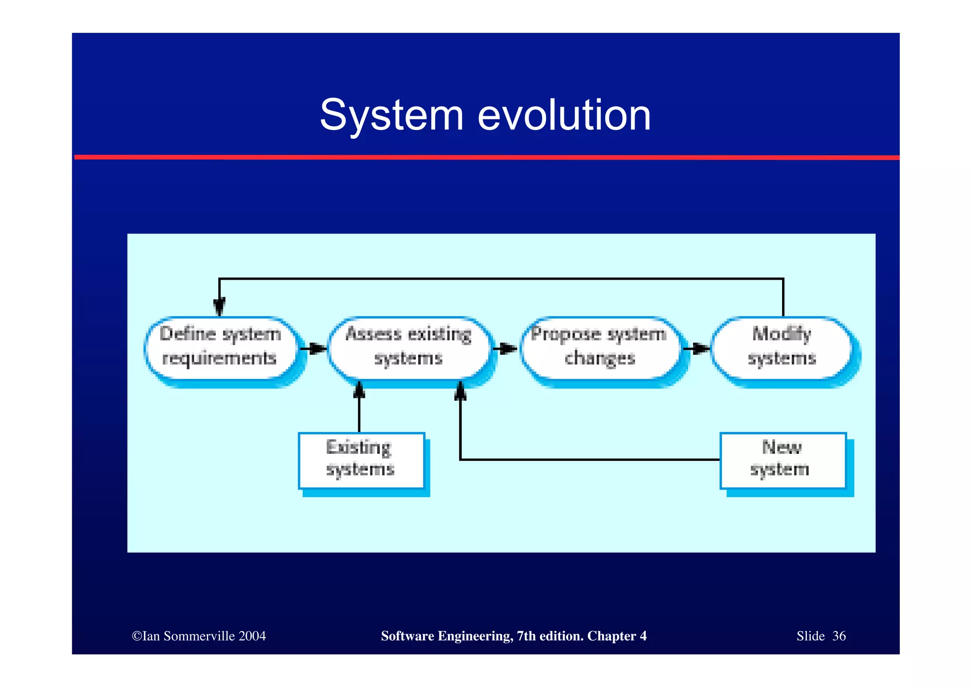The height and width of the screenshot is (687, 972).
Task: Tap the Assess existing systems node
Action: click(408, 347)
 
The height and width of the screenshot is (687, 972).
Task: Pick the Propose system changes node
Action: click(599, 347)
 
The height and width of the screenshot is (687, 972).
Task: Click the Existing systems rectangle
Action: click(361, 460)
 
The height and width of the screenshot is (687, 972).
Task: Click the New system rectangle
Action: click(782, 460)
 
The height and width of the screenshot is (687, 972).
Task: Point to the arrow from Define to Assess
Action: click(313, 349)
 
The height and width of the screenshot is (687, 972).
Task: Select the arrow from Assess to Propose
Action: click(505, 349)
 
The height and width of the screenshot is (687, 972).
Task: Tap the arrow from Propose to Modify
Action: click(696, 349)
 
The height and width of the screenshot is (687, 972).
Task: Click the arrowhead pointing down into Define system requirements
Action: click(219, 306)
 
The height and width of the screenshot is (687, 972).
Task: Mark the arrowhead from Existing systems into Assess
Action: click(359, 390)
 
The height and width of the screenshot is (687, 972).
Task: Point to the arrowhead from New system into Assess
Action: click(460, 392)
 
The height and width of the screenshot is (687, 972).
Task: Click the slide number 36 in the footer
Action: click(839, 636)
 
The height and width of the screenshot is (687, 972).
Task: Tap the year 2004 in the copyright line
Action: click(252, 636)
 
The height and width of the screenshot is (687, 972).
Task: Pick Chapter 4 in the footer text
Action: click(617, 636)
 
